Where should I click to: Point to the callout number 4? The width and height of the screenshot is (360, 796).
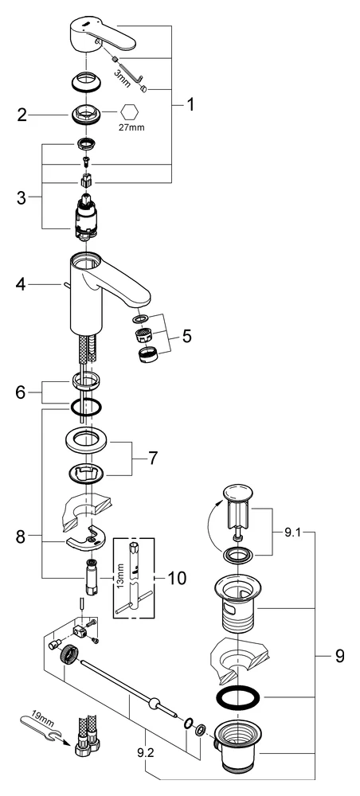point(22,283)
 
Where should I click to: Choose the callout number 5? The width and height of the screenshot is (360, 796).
point(186,335)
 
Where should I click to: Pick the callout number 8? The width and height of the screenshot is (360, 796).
point(22,537)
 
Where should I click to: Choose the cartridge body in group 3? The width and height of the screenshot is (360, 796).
point(86,220)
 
